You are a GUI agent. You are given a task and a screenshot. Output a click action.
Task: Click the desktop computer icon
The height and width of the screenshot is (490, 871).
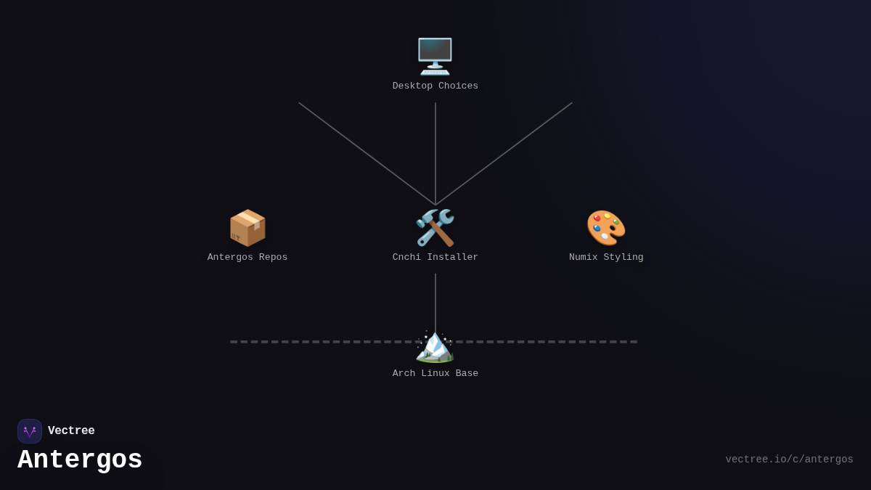(435, 56)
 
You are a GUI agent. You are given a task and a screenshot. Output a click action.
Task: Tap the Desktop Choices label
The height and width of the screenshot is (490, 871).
(435, 86)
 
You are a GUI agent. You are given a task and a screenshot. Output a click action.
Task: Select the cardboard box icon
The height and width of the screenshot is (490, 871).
(248, 228)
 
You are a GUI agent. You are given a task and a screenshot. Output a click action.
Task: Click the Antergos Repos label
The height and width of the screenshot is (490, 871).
(248, 258)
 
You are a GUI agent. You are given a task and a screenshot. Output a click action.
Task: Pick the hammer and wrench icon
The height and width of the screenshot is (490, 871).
(435, 228)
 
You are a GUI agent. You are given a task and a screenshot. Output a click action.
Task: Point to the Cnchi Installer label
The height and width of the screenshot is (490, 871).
(435, 258)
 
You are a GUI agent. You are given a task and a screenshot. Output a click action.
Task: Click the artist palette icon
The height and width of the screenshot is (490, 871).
(606, 228)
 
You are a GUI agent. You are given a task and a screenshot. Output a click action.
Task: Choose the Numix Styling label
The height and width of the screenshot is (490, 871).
(606, 258)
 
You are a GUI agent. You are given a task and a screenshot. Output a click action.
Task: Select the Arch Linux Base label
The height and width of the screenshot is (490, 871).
(435, 374)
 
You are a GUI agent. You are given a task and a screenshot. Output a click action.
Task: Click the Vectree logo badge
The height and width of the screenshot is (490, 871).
(30, 431)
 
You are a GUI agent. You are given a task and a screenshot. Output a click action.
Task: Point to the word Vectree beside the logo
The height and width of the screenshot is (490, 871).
(71, 431)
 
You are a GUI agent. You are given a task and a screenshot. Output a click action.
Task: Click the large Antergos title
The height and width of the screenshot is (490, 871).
(80, 460)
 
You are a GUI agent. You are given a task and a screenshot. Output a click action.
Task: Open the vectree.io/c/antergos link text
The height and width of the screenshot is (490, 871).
(789, 460)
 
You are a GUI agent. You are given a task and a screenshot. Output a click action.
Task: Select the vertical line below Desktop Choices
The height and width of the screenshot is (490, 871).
(435, 152)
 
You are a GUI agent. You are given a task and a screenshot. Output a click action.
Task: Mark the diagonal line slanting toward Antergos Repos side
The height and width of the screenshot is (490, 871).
(367, 153)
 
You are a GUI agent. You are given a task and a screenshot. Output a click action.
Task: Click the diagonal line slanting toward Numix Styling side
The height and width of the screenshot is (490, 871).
(504, 153)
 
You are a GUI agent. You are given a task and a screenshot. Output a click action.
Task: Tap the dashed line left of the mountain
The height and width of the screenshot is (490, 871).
(319, 342)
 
